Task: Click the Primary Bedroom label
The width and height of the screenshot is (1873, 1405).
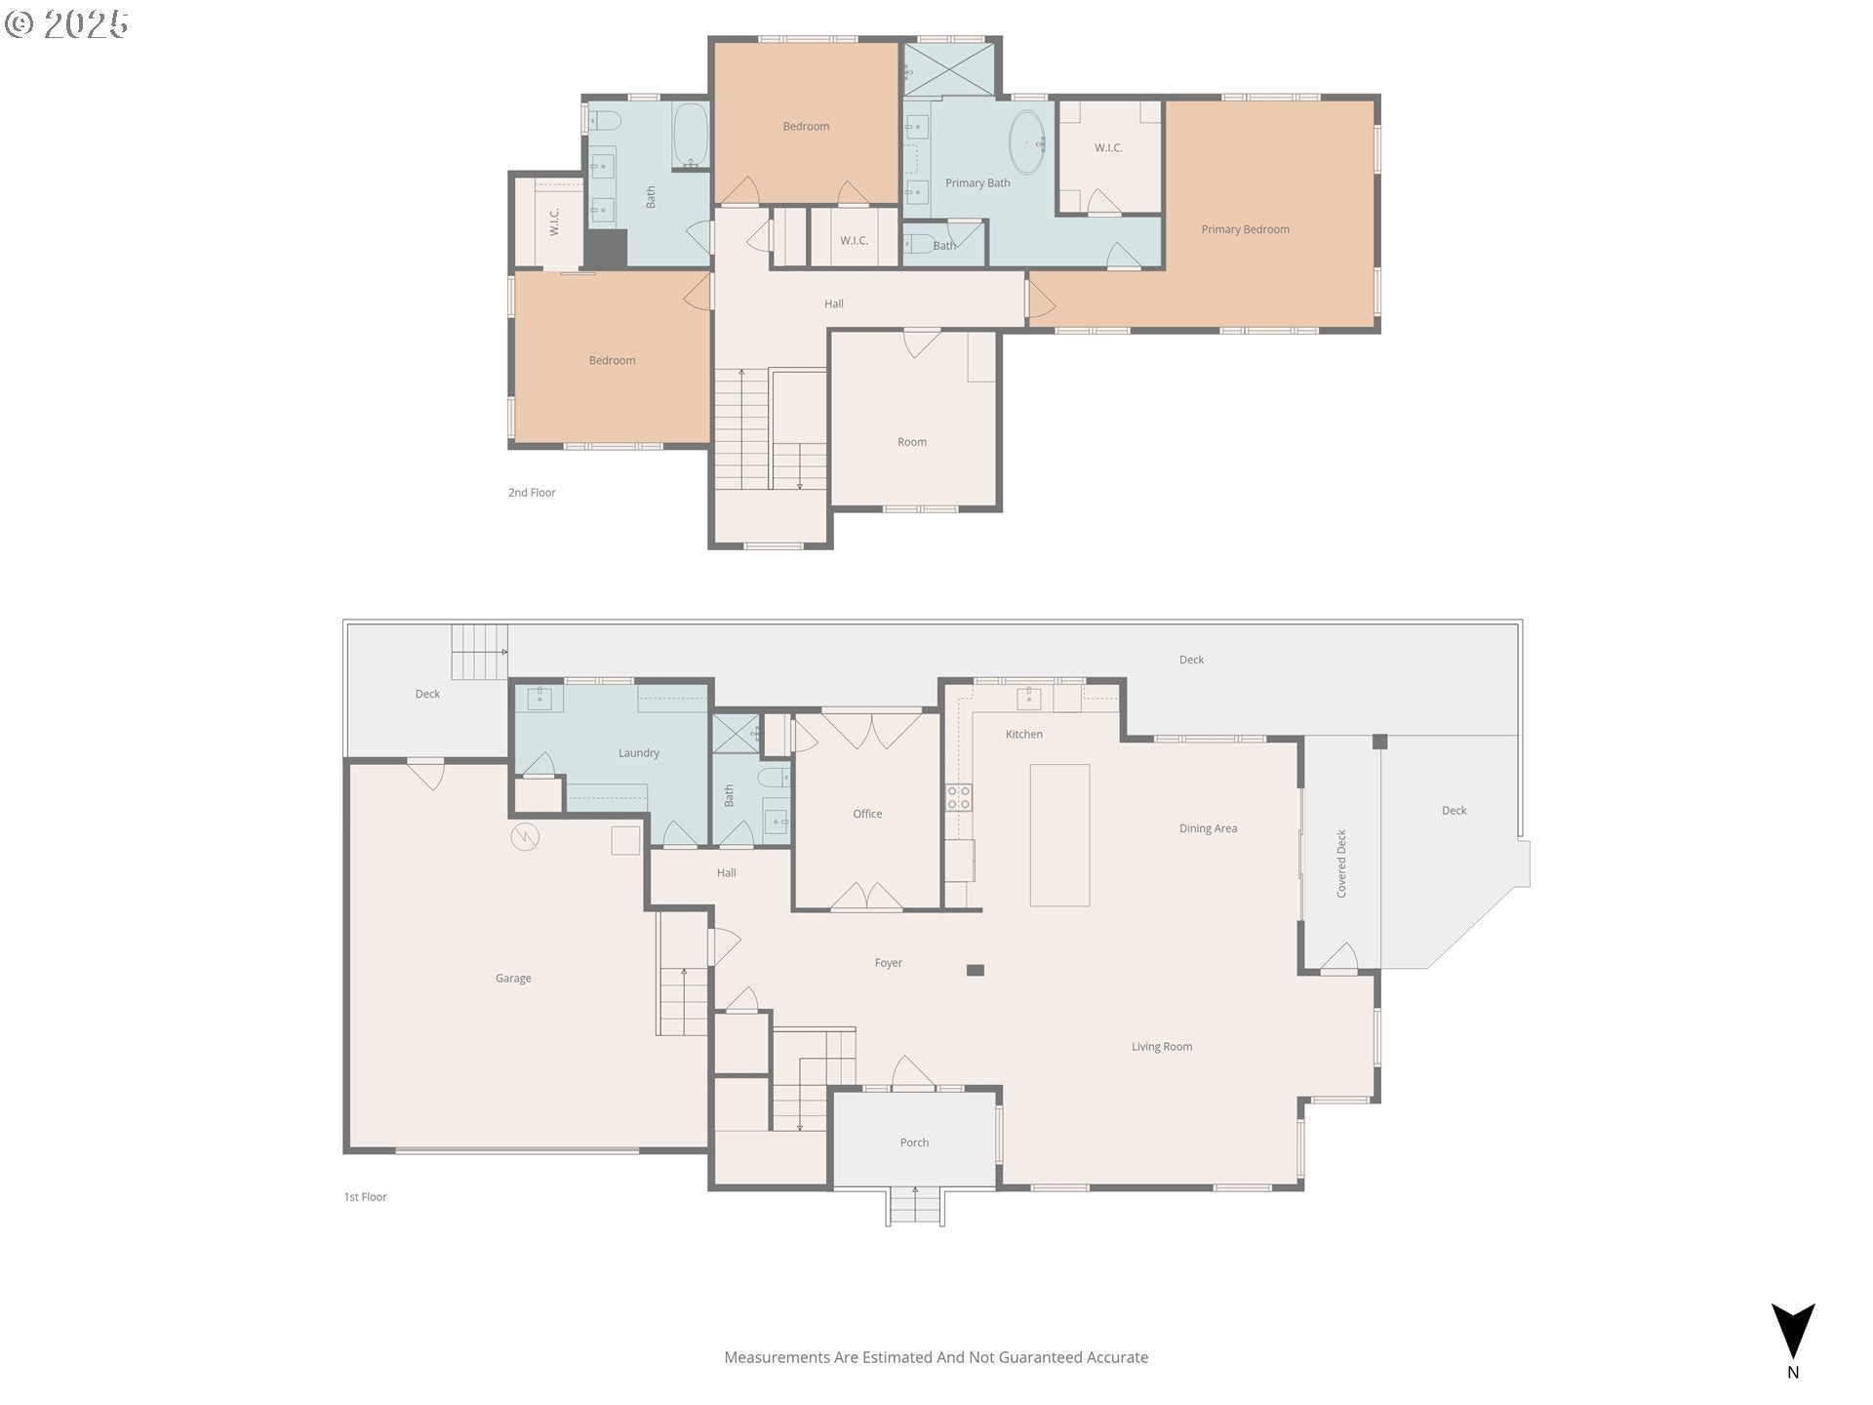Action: coord(1245,229)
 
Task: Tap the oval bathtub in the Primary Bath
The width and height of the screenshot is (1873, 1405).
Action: coord(1025,142)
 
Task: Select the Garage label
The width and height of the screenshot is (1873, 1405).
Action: coord(513,979)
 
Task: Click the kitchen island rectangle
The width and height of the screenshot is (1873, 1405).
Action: coord(1059,835)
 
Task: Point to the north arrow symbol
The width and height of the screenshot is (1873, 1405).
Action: coord(1793,1331)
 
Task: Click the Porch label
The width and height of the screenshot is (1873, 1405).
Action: coord(914,1143)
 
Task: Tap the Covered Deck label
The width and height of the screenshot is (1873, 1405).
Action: coord(1341,863)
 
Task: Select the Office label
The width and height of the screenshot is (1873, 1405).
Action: coord(867,814)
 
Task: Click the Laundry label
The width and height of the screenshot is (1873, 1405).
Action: coord(639,753)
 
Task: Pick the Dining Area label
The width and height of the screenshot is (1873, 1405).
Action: coord(1208,828)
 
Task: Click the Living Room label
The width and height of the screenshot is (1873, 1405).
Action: coord(1162,1047)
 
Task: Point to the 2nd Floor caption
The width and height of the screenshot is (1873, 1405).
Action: coord(532,493)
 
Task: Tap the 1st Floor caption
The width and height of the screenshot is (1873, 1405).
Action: coord(365,1197)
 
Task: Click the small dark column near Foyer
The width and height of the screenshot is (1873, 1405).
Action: coord(976,970)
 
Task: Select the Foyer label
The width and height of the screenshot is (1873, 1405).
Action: coord(888,963)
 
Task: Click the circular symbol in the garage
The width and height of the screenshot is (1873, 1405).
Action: coord(525,836)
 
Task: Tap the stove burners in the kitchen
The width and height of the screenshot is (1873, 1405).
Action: coord(959,797)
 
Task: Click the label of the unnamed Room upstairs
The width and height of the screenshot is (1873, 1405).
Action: coord(912,442)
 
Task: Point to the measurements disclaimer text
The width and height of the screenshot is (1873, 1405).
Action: coord(936,1357)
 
